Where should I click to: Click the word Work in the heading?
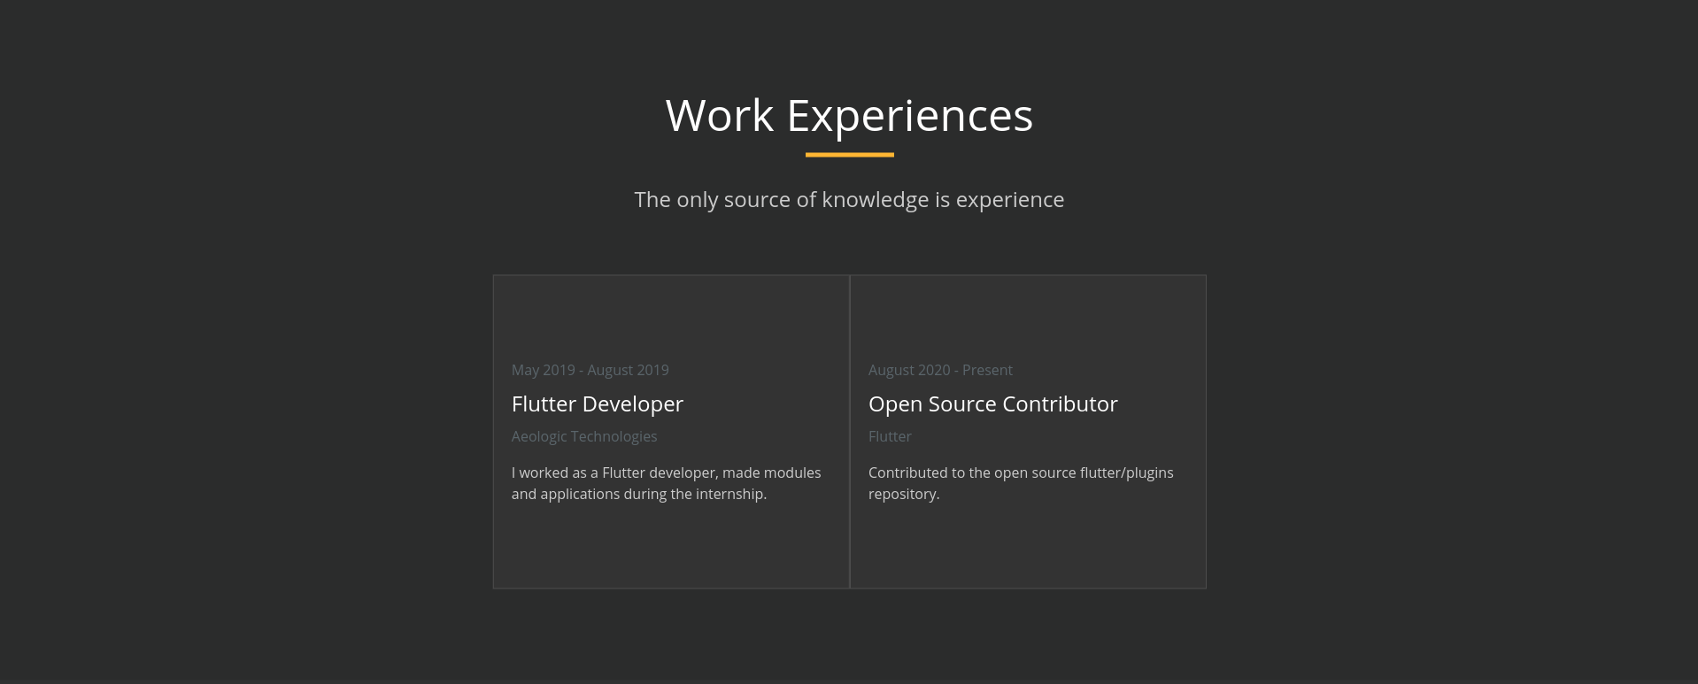click(x=720, y=116)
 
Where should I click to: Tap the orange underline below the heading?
click(x=850, y=155)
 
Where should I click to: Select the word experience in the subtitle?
click(x=1010, y=201)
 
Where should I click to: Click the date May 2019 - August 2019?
click(x=590, y=370)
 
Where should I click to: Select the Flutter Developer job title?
click(x=598, y=404)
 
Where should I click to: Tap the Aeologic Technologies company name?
click(x=584, y=436)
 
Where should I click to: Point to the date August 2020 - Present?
click(x=940, y=370)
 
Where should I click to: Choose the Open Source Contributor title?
click(x=993, y=404)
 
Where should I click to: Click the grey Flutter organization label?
click(x=890, y=436)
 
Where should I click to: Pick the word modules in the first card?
click(x=792, y=473)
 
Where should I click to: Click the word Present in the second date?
click(x=987, y=370)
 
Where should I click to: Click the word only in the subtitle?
click(x=698, y=201)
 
